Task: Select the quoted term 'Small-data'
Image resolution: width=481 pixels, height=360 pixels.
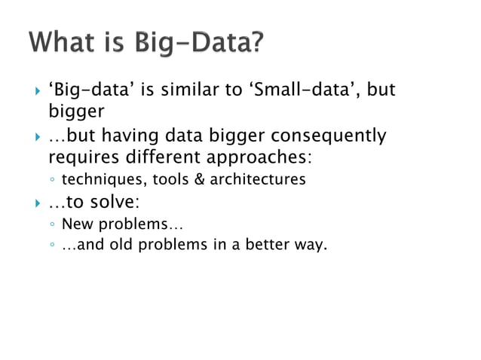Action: [296, 92]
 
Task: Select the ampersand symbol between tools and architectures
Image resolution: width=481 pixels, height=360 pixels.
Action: [199, 180]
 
